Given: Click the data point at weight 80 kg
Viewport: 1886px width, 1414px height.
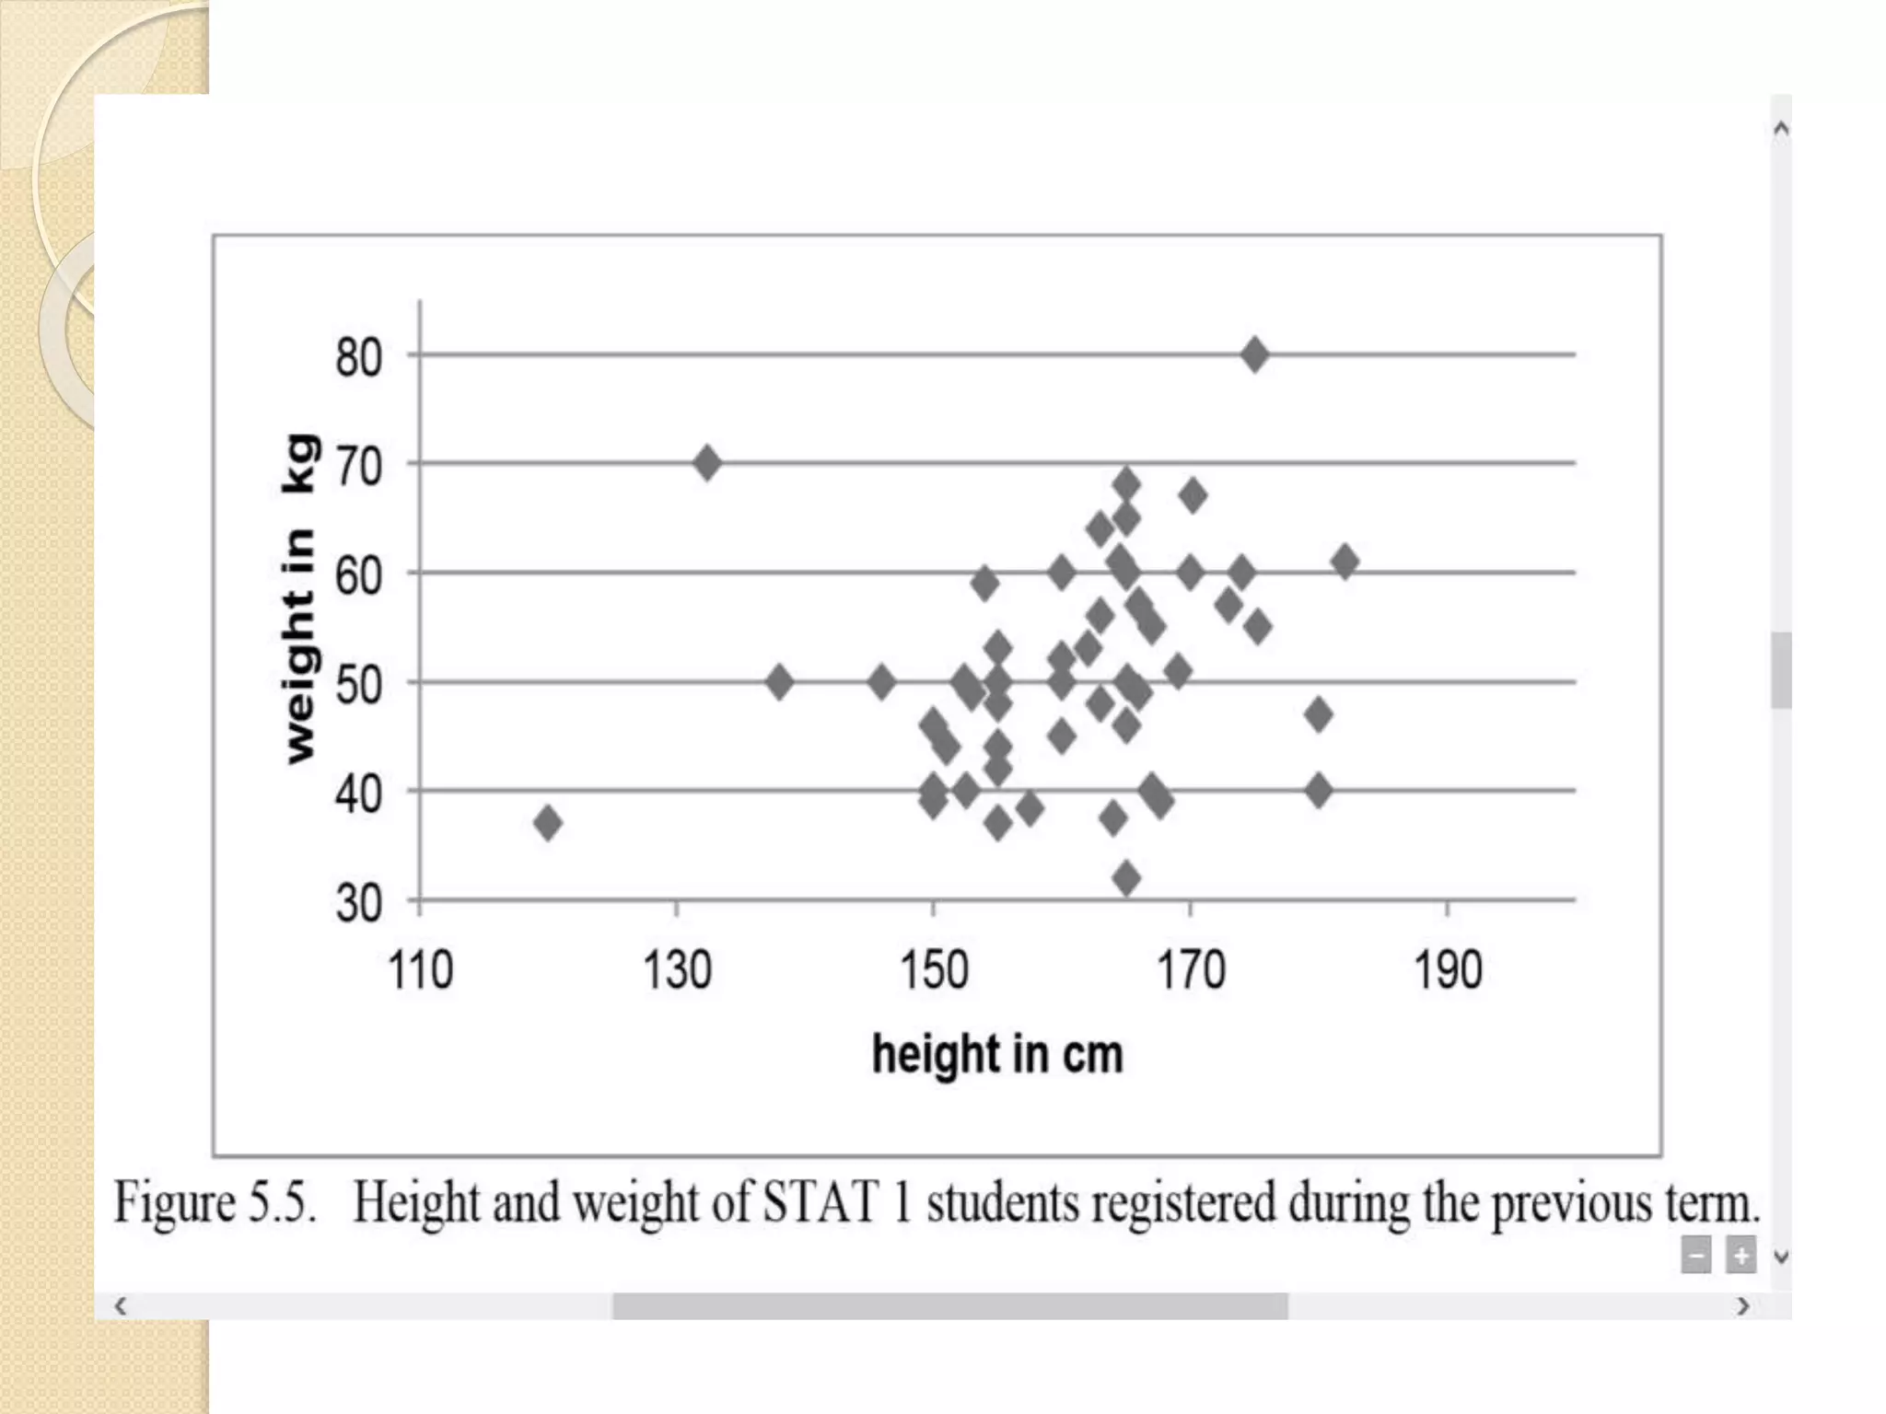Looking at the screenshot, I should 1253,354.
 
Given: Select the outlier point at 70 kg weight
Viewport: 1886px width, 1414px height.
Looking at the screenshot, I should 706,462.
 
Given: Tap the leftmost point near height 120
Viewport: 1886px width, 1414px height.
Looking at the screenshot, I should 548,822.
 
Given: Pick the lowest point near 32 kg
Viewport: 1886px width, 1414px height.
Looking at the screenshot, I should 1126,877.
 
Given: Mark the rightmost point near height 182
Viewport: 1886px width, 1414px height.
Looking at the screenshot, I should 1345,561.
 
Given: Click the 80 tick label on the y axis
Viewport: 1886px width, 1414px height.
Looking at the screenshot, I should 358,357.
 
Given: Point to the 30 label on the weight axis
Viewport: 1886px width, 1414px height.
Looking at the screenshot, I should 358,903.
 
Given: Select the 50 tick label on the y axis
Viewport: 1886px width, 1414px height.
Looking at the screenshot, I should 358,685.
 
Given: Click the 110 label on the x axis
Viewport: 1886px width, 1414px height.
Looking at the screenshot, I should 420,970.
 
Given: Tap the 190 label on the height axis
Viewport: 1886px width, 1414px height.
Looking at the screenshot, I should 1447,970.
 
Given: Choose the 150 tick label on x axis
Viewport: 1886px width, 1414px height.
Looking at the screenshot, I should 933,970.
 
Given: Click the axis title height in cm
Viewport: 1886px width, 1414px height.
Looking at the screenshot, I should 997,1054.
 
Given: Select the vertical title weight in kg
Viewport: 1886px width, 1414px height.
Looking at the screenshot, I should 299,598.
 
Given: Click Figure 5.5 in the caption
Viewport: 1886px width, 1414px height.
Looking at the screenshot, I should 215,1202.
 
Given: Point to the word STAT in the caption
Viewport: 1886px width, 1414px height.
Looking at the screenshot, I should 820,1202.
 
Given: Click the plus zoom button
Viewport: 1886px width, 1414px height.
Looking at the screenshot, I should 1740,1256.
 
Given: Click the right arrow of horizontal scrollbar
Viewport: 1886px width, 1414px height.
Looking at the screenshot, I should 1742,1305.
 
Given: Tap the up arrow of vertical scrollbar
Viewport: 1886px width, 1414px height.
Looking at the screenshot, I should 1781,130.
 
